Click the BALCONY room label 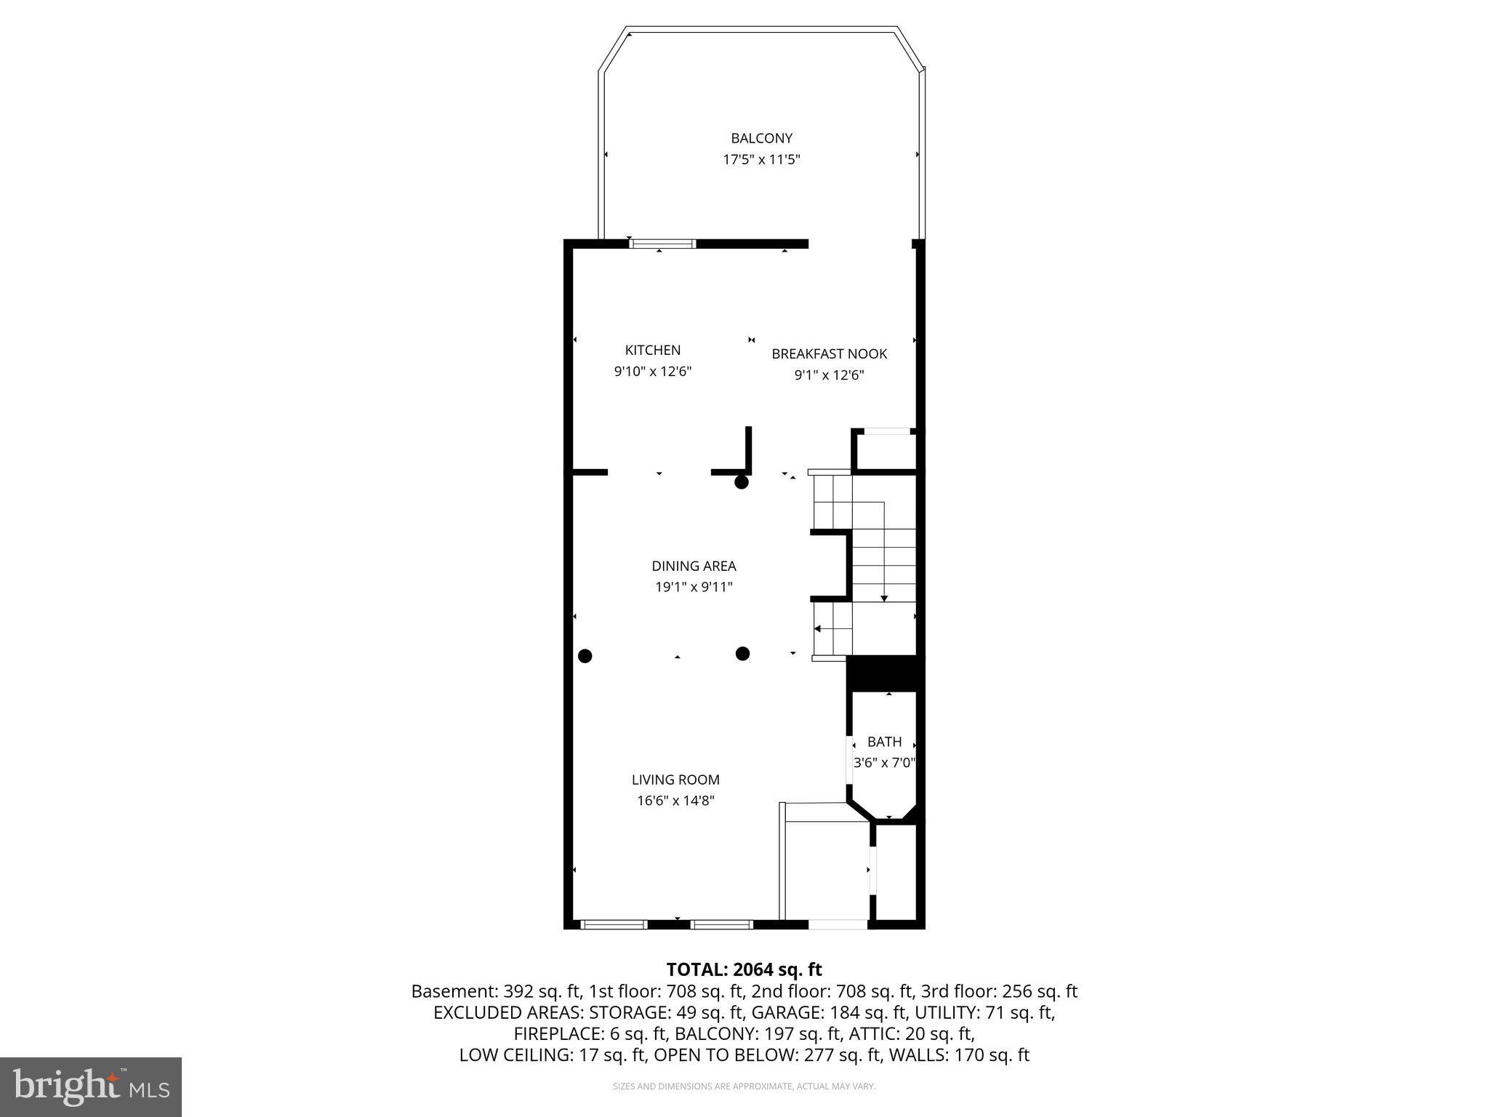[x=761, y=138]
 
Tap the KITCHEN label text [x=653, y=350]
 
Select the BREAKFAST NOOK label [x=829, y=354]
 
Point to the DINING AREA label [x=694, y=566]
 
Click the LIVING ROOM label [x=675, y=780]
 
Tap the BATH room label [x=884, y=742]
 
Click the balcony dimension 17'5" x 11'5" [x=761, y=159]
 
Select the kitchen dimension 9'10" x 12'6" [x=653, y=372]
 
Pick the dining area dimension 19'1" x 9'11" [x=694, y=587]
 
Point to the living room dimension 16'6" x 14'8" [x=675, y=801]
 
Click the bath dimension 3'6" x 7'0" [x=884, y=763]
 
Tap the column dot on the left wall [x=585, y=656]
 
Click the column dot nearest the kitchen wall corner [x=742, y=482]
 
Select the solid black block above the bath [x=884, y=673]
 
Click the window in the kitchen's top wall [x=662, y=244]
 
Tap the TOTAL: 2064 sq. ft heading [x=744, y=969]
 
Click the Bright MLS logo [x=91, y=1086]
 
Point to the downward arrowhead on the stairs [x=884, y=598]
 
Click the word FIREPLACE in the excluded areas [x=555, y=1033]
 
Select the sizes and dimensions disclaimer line [x=744, y=1086]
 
